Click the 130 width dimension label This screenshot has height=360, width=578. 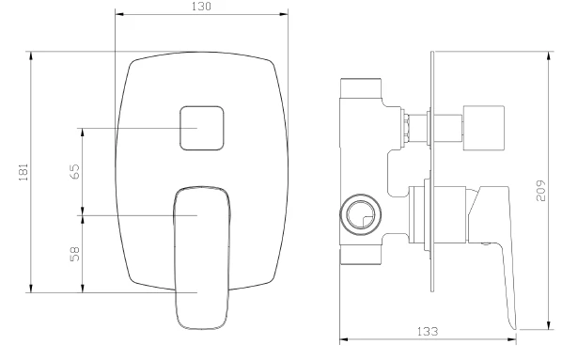202,7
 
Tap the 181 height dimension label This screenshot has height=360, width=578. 23,172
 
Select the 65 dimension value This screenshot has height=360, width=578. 74,171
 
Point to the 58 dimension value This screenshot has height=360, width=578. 74,254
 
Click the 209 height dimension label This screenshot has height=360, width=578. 540,191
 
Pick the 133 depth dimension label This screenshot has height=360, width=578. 428,331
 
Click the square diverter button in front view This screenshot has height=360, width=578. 202,129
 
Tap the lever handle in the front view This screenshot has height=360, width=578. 202,258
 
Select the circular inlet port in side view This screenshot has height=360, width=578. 360,215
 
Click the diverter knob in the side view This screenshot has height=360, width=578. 484,129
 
